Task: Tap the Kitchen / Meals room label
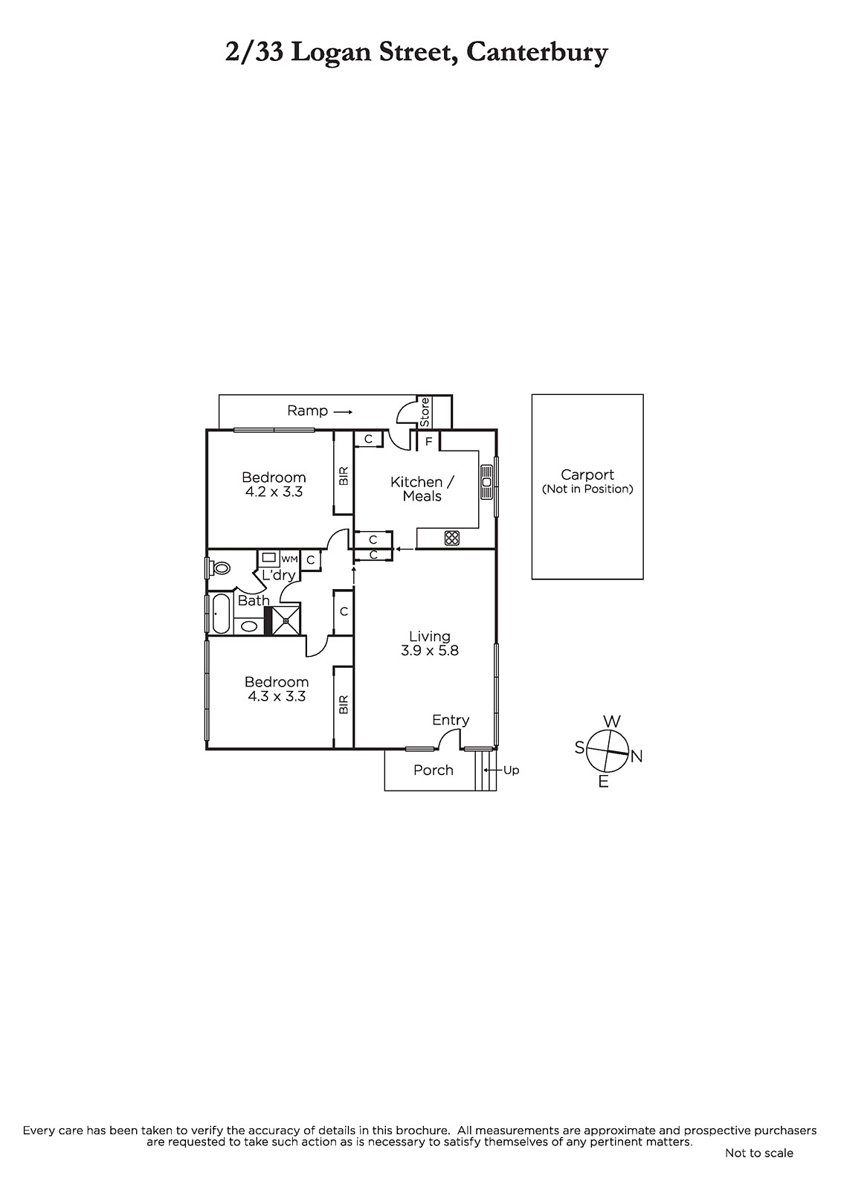click(422, 489)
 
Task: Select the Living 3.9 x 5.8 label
click(430, 643)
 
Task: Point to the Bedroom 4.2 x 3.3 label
click(274, 484)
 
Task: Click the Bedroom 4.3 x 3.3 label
click(277, 689)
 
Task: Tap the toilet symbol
click(221, 568)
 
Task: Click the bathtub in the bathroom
click(221, 614)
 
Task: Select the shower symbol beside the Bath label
click(286, 618)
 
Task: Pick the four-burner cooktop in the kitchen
click(452, 538)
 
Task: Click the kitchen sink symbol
click(487, 482)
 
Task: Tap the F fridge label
click(429, 442)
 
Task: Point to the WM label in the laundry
click(289, 559)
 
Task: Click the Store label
click(425, 412)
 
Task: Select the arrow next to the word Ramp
click(343, 412)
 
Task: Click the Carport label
click(587, 475)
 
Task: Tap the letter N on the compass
click(637, 756)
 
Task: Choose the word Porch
click(434, 771)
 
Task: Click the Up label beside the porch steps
click(511, 771)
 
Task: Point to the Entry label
click(451, 721)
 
